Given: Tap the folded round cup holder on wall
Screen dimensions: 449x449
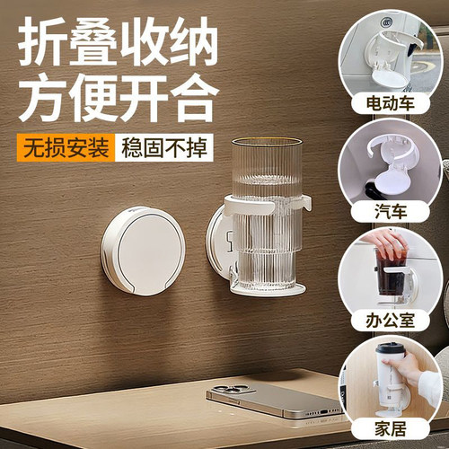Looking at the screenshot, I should [x=143, y=251].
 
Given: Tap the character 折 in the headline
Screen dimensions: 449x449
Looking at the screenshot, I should [x=41, y=41].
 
